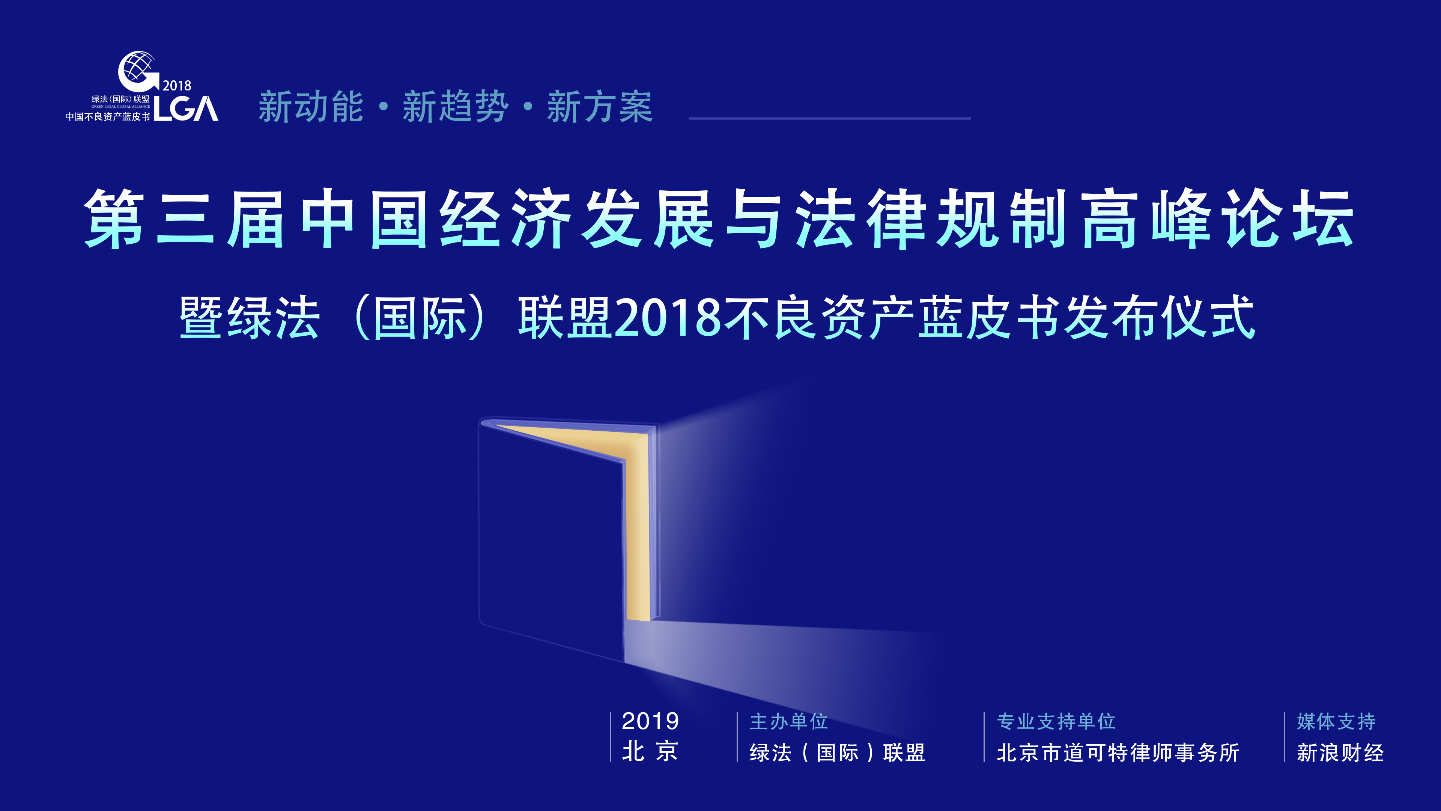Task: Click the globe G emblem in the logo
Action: click(x=137, y=72)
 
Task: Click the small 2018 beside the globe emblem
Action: click(x=177, y=86)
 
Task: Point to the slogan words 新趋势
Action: click(x=455, y=107)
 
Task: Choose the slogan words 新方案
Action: click(x=600, y=107)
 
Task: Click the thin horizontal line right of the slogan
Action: click(x=830, y=118)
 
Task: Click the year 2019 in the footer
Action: click(x=650, y=721)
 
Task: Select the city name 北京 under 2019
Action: click(x=650, y=752)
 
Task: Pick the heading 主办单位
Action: click(x=789, y=721)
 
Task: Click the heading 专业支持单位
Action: click(x=1056, y=721)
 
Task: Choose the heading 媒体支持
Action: click(x=1336, y=721)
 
